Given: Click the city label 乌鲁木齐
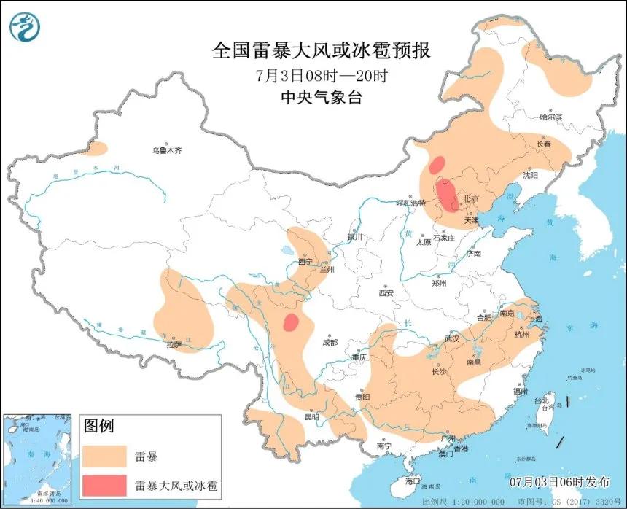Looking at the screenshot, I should [x=166, y=150].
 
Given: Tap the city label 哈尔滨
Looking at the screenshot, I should [x=551, y=117].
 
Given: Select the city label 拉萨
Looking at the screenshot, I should [x=173, y=344].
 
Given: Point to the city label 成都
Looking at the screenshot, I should [x=330, y=342].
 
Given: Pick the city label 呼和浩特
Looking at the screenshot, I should [x=410, y=203].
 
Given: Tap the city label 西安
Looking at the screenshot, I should [x=386, y=292].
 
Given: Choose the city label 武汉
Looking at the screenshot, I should [x=451, y=338].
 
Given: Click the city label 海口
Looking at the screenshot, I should [x=413, y=481].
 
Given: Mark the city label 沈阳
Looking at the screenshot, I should [x=530, y=175].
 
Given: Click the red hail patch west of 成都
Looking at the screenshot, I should [x=291, y=322].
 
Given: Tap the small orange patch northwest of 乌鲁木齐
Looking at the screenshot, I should [x=95, y=149].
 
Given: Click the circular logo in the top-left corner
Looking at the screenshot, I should [x=24, y=27].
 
